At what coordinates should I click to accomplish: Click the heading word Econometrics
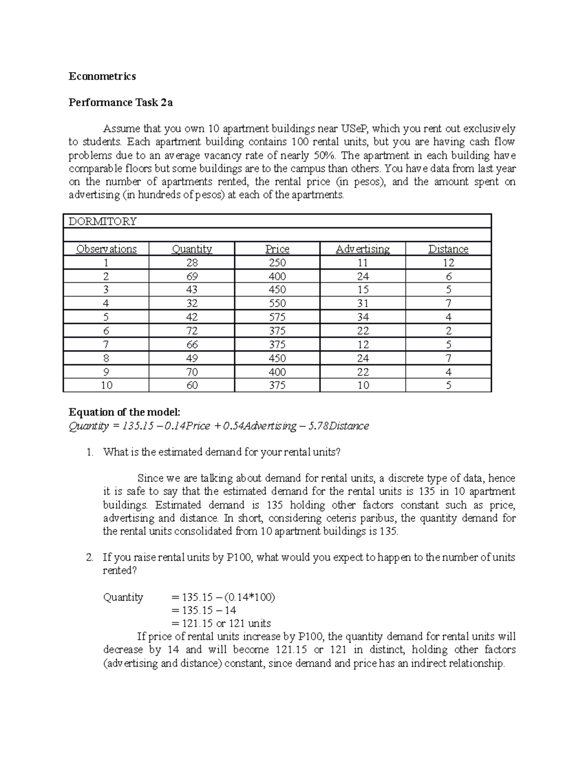102,76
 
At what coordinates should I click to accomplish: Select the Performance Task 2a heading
120,102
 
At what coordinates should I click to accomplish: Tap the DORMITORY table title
102,221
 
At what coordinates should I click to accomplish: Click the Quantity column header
192,249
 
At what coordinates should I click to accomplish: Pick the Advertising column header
363,249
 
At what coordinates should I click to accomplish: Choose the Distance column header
448,249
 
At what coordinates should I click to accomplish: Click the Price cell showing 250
277,263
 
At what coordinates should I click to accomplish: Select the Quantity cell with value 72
192,331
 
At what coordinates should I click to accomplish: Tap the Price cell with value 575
277,317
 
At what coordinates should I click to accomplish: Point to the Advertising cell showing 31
363,304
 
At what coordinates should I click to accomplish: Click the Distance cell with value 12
448,263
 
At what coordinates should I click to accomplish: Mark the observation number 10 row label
106,386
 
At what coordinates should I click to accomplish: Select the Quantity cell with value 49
192,358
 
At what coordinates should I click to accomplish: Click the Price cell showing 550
277,304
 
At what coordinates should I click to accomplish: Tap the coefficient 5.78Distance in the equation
344,426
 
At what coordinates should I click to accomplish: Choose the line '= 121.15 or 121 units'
221,623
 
